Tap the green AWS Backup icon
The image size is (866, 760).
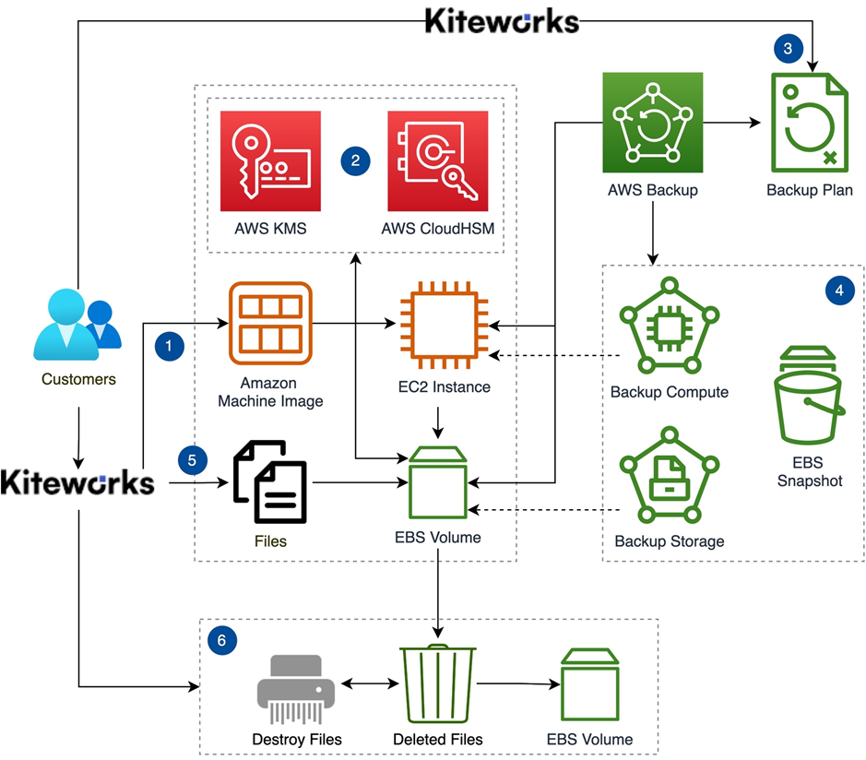coord(652,124)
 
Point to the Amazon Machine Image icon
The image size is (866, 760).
coord(270,322)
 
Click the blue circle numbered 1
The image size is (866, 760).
coord(170,347)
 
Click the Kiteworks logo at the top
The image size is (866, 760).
coord(502,20)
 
